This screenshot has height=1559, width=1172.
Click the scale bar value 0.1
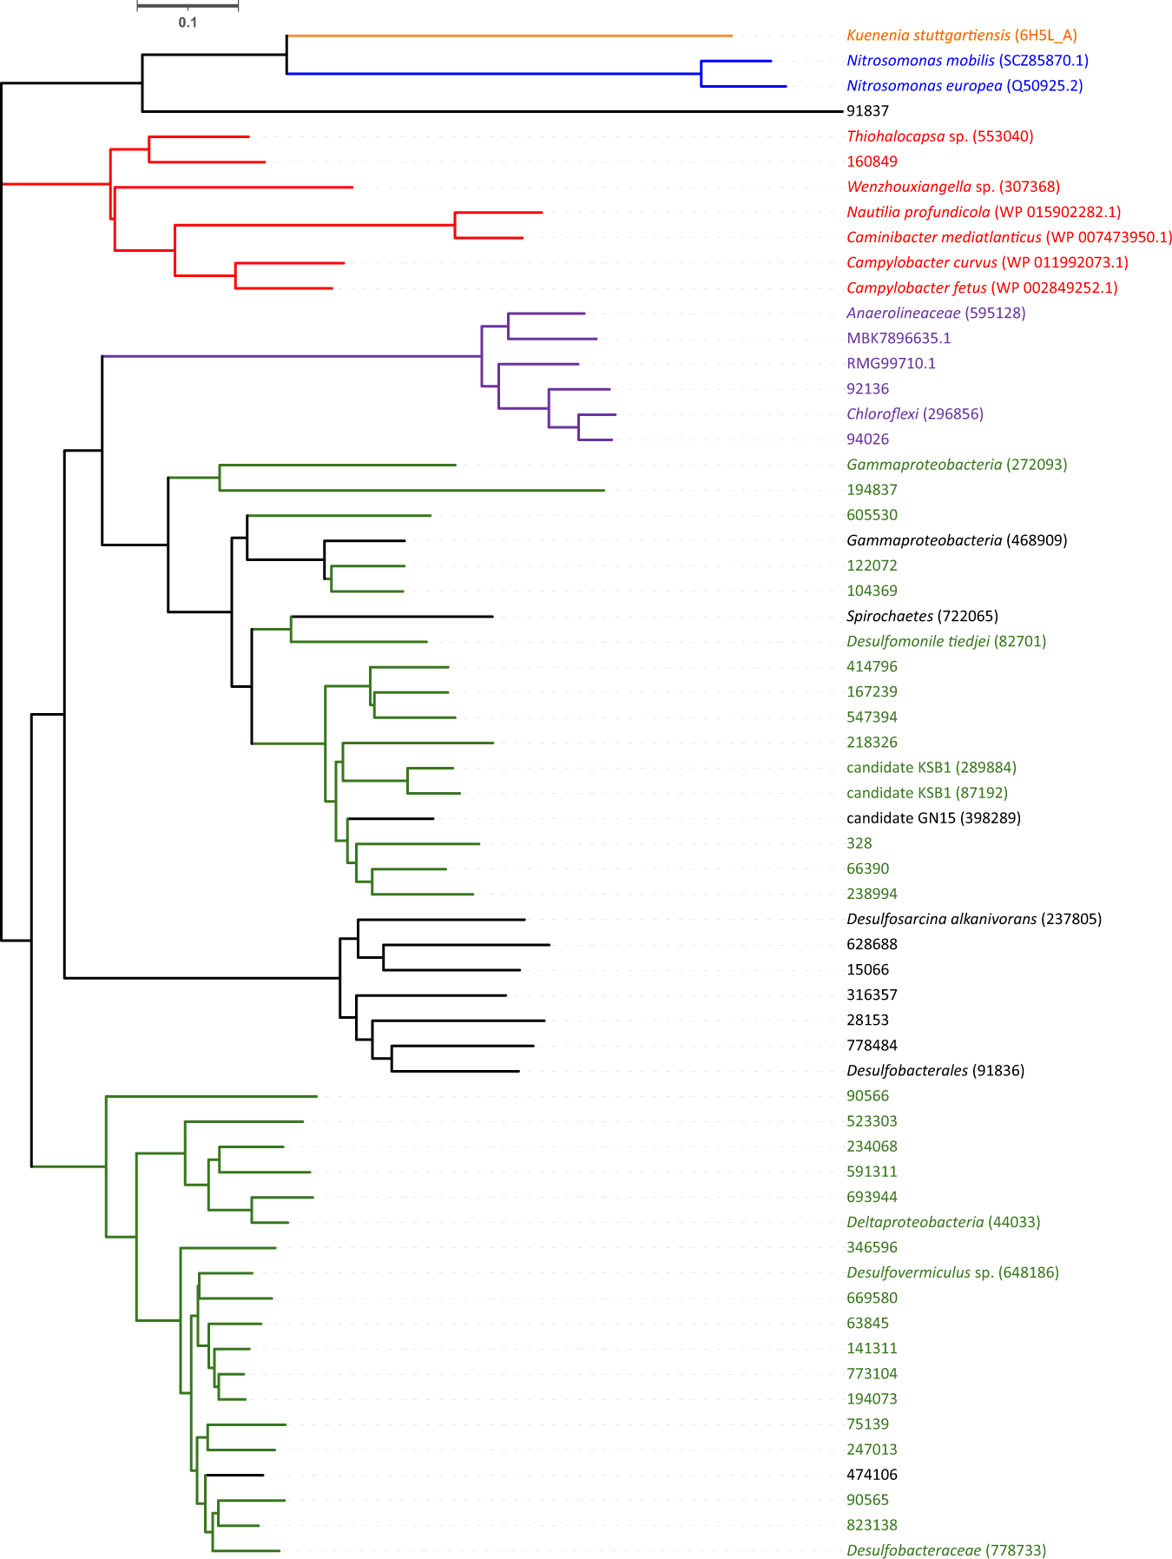click(188, 23)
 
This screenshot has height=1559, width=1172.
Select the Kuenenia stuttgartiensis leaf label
click(961, 36)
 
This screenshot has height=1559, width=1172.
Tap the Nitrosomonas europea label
click(965, 86)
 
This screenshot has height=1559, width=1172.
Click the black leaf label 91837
click(867, 111)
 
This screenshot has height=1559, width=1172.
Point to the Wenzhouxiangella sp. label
click(952, 187)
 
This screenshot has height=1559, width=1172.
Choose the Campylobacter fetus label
click(981, 287)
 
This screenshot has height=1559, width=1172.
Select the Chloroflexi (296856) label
click(914, 413)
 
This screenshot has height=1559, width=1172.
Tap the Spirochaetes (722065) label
click(922, 616)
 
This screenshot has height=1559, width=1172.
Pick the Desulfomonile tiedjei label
click(945, 641)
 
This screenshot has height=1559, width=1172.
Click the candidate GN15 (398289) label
click(933, 818)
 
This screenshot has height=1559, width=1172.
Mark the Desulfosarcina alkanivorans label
click(973, 919)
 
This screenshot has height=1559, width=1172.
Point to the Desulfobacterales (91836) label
click(935, 1070)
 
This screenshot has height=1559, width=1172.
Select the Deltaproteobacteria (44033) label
click(943, 1222)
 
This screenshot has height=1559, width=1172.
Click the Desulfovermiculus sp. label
click(952, 1272)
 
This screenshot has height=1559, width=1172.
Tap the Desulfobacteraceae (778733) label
click(945, 1550)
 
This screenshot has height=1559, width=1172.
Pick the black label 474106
click(872, 1475)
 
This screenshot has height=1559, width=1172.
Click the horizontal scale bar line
click(188, 6)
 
